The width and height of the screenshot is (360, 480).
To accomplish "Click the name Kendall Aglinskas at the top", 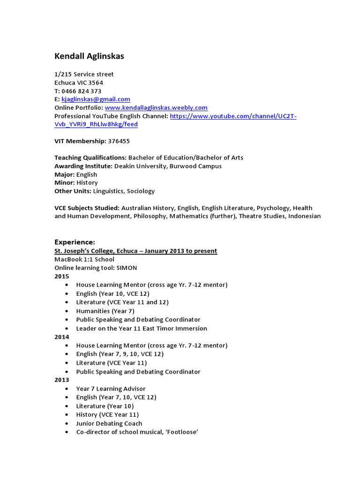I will coord(89,57).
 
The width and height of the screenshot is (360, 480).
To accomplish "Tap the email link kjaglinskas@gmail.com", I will coord(96,99).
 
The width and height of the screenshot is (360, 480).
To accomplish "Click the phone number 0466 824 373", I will coord(81,91).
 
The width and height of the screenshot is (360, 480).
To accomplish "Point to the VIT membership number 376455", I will coord(119,141).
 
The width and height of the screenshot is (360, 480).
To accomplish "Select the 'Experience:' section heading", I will coord(75,242).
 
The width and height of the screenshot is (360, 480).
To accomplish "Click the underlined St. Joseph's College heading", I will coord(135,251).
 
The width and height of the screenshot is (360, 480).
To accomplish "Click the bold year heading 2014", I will coord(61,337).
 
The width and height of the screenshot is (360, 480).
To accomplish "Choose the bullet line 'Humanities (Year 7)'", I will coord(105,311).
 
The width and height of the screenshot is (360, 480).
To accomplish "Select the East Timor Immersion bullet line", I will coord(142,329).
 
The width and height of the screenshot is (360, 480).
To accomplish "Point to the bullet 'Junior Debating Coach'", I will coord(109,423).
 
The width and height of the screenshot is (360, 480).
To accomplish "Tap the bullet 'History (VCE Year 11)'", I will coord(107,414).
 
